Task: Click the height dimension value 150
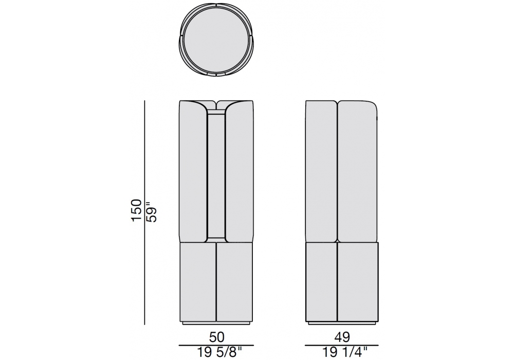click(x=136, y=210)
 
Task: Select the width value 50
click(x=216, y=337)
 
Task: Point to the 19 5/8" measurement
click(x=219, y=352)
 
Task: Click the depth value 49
click(x=342, y=337)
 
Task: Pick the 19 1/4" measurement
click(x=344, y=352)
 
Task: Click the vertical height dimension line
click(x=144, y=212)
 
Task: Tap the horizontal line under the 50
click(x=216, y=345)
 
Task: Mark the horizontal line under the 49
click(x=342, y=345)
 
